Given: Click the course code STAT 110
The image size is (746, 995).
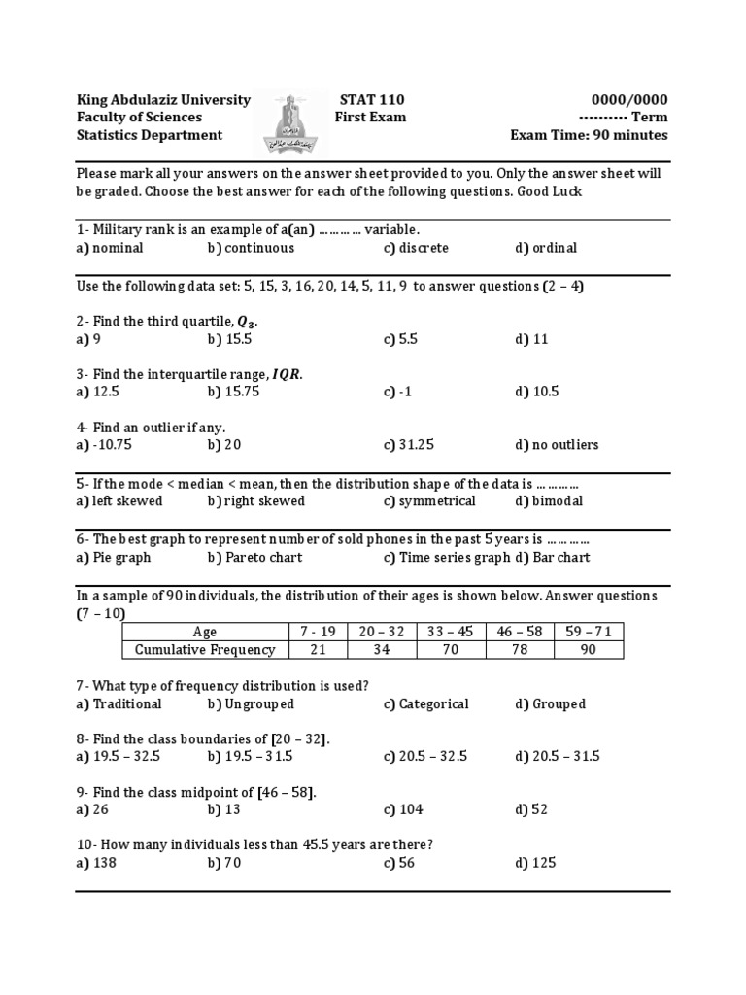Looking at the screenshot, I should click(371, 100).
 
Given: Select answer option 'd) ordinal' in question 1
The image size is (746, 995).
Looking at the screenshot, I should click(546, 248).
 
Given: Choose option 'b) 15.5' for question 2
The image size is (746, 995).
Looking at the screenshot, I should click(229, 339).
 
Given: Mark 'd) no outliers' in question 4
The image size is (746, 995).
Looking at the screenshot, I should click(557, 445).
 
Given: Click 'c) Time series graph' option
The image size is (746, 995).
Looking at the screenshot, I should click(446, 558).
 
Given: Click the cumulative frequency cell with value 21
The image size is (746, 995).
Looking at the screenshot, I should click(317, 650).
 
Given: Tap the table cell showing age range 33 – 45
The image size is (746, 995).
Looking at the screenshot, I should click(450, 632).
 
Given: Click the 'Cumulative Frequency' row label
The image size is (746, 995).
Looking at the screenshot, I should click(205, 650).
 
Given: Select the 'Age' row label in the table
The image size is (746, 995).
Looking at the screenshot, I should click(205, 632).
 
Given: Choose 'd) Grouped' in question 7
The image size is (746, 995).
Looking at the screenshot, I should click(550, 703).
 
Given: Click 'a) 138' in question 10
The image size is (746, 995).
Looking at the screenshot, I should click(96, 863).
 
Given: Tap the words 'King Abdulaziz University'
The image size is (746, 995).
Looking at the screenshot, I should click(163, 100).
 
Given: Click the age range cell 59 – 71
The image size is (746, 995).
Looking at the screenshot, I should click(589, 632).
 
